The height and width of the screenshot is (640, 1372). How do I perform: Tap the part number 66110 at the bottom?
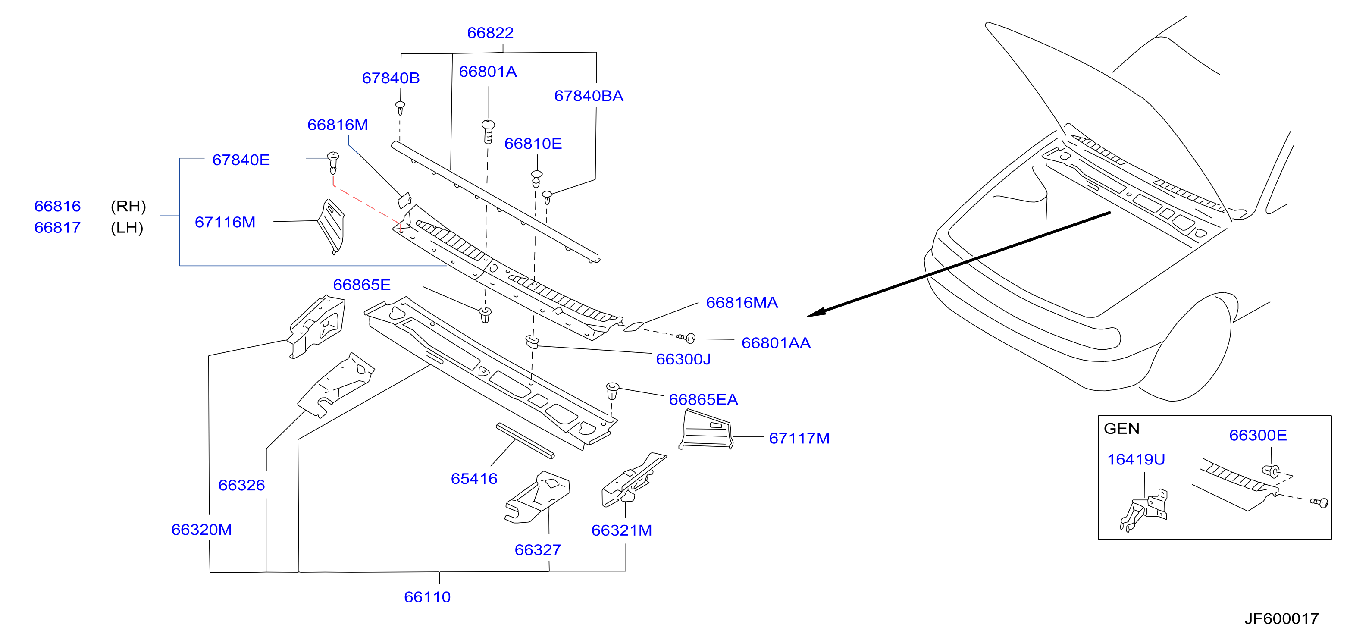[x=427, y=597]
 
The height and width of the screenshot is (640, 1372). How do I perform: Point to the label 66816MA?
[x=742, y=303]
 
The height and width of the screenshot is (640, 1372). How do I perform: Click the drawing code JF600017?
[x=1281, y=619]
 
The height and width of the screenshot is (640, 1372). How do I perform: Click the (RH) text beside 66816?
[x=128, y=206]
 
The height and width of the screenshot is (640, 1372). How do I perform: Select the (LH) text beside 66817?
[x=127, y=228]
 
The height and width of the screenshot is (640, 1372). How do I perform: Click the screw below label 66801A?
[x=488, y=132]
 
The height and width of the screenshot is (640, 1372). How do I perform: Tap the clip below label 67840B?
[x=400, y=108]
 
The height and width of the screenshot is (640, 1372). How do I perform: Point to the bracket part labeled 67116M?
[x=331, y=226]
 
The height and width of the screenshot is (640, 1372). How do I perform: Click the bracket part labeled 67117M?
[x=706, y=430]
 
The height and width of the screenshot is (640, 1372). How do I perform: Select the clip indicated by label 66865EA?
[x=613, y=391]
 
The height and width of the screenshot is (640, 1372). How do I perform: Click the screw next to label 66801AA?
[x=686, y=338]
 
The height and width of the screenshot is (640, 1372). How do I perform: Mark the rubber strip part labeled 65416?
[x=525, y=441]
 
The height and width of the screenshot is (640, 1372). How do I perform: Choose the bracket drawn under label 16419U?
[x=1145, y=510]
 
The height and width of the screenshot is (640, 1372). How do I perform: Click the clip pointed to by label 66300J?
[x=532, y=341]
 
